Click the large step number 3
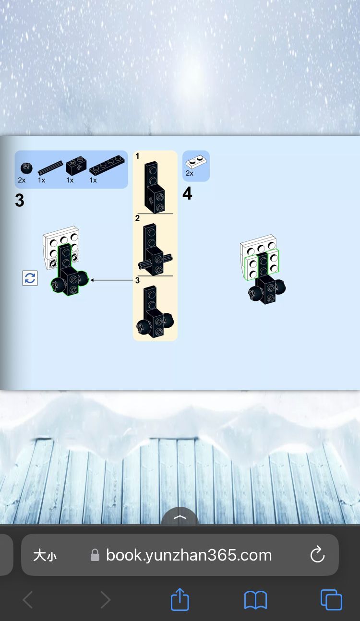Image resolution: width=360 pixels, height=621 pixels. pos(19,200)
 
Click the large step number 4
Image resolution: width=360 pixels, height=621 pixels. pos(188,193)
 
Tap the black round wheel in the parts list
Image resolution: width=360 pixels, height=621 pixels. pos(26,168)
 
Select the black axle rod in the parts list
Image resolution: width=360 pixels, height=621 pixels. pos(50,167)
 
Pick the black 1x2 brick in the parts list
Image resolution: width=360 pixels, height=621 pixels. pos(76,166)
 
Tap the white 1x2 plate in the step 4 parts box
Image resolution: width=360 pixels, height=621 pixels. pos(196,162)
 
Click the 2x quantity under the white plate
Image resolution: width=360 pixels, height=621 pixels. pos(190,173)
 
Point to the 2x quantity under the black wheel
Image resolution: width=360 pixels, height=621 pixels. pos(22,180)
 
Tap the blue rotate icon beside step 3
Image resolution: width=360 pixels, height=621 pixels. pos(30,278)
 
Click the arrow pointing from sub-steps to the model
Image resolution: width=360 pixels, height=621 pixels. pos(112,280)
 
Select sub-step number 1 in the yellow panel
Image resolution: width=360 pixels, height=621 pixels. pos(137,156)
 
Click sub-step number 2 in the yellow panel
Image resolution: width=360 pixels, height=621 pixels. pos(137,218)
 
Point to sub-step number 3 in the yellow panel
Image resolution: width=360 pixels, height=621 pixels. pos(137,280)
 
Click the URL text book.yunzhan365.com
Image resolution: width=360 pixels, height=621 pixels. pos(189,555)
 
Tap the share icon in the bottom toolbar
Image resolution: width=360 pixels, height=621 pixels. pos(180,599)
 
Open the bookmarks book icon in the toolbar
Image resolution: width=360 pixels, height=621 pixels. pos(255,600)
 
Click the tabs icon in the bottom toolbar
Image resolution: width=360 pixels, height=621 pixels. pos(331,600)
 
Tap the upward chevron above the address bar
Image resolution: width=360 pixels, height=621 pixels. pos(180,517)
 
